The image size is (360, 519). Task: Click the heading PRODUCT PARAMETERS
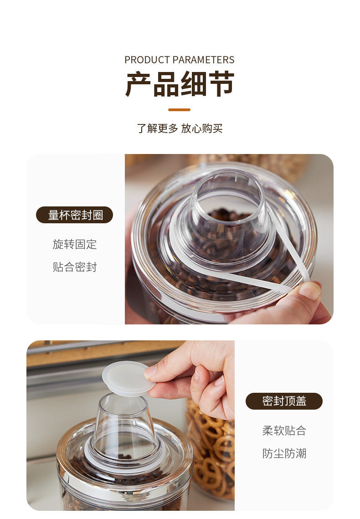(180, 60)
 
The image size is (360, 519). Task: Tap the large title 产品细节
(180, 84)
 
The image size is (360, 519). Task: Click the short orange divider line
(180, 109)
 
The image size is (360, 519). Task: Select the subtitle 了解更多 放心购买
(180, 128)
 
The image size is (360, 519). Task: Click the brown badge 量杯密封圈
(74, 215)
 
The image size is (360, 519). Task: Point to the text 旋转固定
(75, 244)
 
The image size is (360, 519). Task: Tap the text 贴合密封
(75, 267)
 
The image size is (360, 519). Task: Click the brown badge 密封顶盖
(284, 401)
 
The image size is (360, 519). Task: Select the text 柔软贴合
(284, 431)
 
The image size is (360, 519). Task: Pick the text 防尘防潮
(284, 453)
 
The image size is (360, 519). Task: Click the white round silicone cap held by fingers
(128, 378)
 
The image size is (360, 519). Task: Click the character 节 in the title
(221, 84)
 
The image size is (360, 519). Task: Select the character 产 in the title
(139, 84)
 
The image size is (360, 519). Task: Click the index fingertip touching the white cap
(151, 372)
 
